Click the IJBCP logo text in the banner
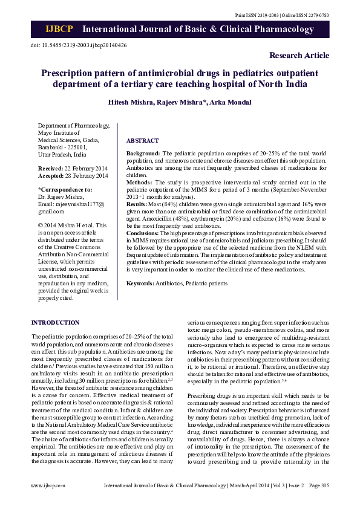click(x=59, y=30)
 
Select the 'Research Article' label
click(x=299, y=56)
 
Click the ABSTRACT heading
click(x=142, y=140)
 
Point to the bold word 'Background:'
click(x=143, y=154)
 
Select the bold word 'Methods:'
click(x=138, y=182)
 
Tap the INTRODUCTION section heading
click(x=55, y=323)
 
